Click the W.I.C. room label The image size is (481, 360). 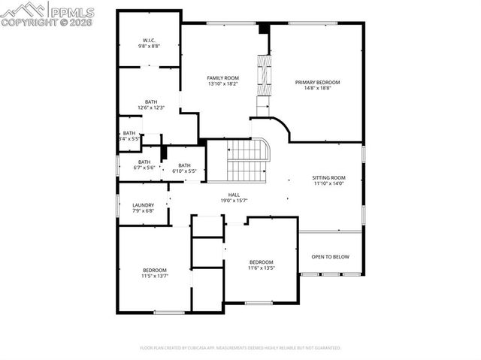pos(149,40)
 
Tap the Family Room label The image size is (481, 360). pos(222,77)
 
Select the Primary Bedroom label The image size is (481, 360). pos(317,82)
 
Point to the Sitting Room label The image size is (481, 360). pos(328,177)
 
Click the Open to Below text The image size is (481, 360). pos(331,257)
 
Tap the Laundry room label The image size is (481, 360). pos(143,204)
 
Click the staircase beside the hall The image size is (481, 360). pos(247,159)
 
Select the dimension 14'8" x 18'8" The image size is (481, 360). pos(317,89)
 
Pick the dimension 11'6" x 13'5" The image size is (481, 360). pos(262,268)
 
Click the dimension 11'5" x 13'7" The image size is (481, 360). pos(155,276)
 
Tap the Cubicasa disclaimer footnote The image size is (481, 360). pos(240,348)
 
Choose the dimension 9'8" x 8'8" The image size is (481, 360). pos(149,47)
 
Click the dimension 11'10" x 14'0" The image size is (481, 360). pos(328,184)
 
